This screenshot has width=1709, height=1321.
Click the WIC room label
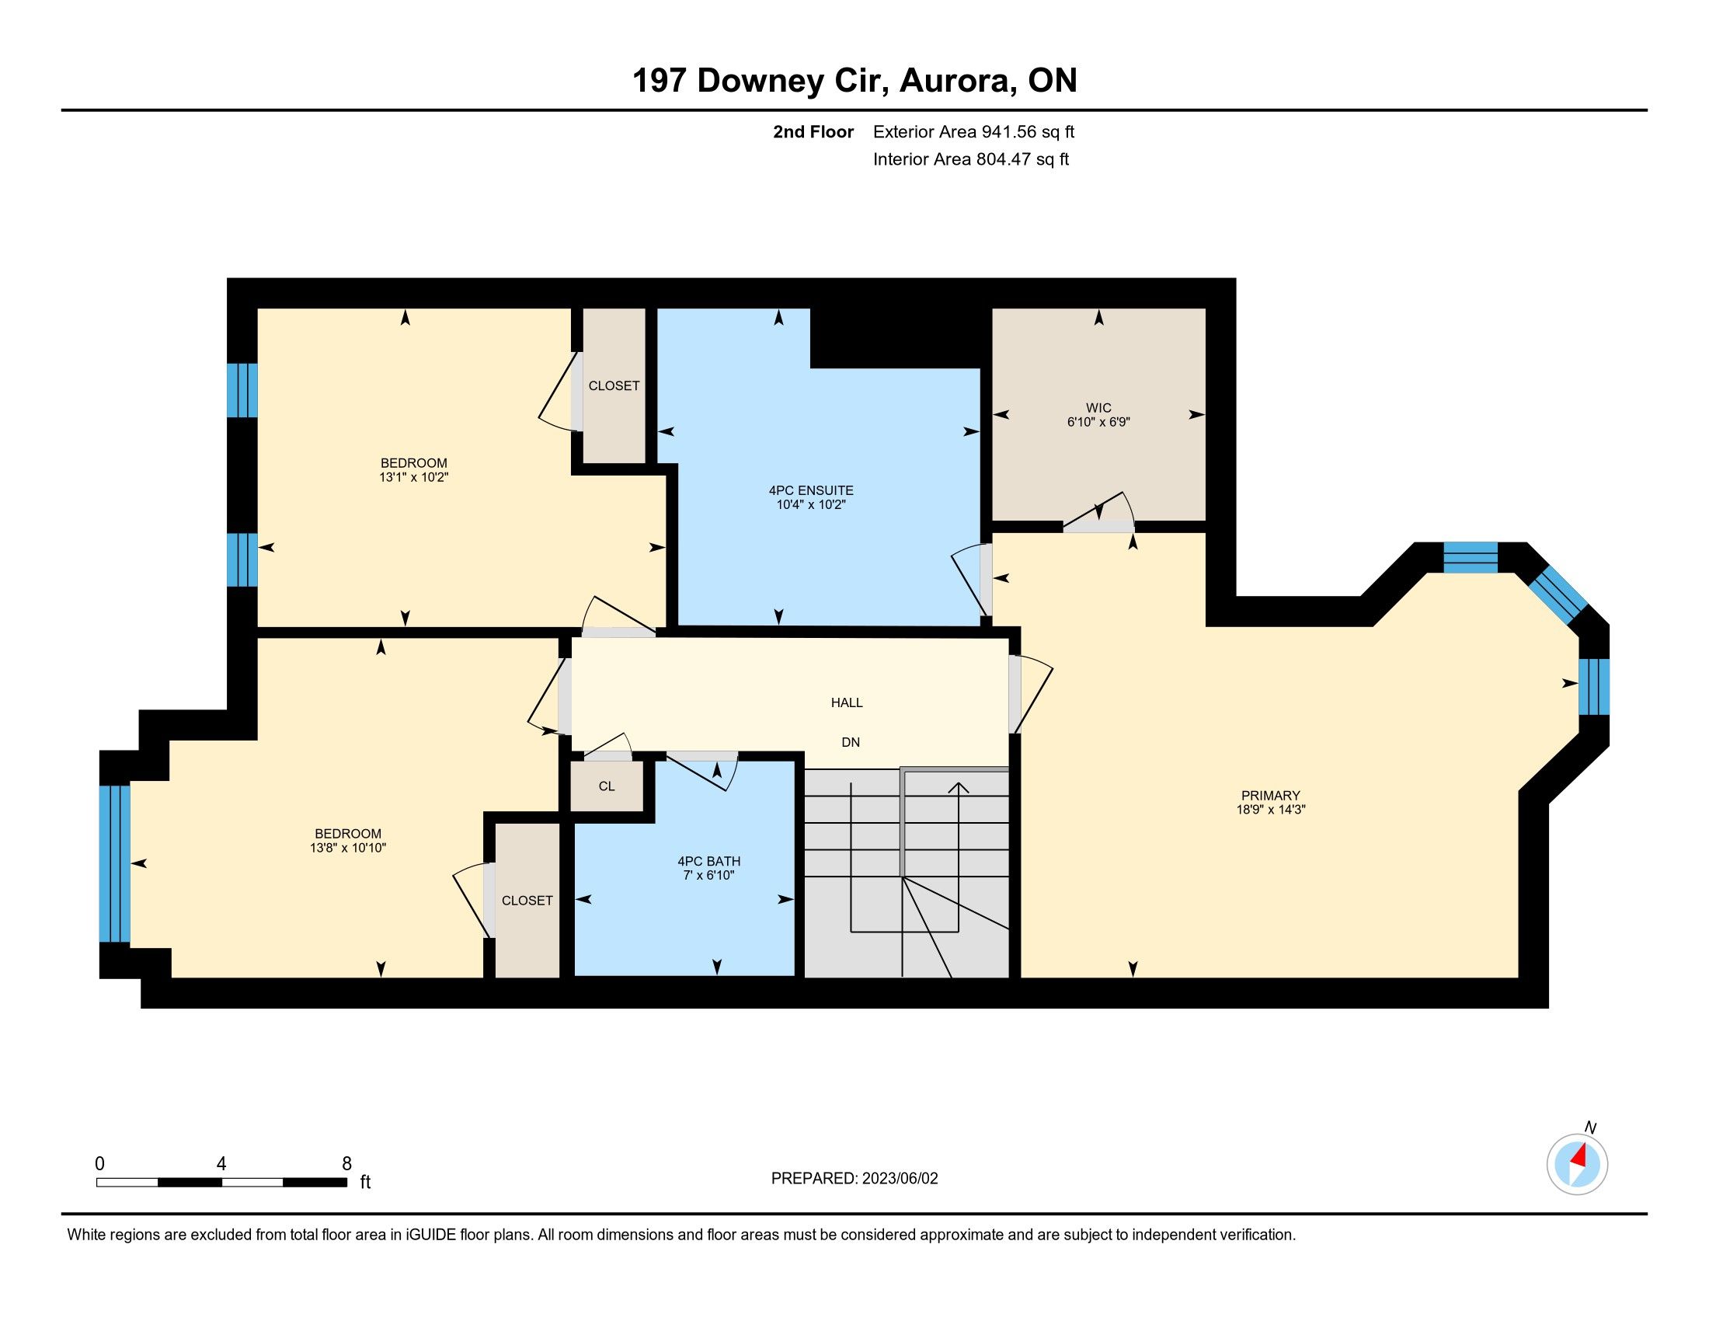pyautogui.click(x=1098, y=408)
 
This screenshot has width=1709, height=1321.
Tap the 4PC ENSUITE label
pyautogui.click(x=811, y=490)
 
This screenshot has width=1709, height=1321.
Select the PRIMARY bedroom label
pyautogui.click(x=1270, y=795)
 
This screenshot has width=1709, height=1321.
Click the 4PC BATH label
pyautogui.click(x=709, y=862)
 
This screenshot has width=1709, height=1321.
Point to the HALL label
pyautogui.click(x=847, y=702)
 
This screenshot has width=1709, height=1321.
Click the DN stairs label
pyautogui.click(x=851, y=742)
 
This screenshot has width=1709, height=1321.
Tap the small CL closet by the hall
pyautogui.click(x=607, y=786)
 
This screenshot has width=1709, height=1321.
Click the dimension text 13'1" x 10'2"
pyautogui.click(x=413, y=476)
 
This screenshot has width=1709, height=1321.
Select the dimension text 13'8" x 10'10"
pyautogui.click(x=348, y=848)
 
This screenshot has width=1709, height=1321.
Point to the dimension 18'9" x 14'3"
pyautogui.click(x=1271, y=810)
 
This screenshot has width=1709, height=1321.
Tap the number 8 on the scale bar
pyautogui.click(x=346, y=1163)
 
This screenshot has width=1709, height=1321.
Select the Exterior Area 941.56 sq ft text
pyautogui.click(x=974, y=131)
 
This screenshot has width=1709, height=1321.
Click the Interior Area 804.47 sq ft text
pyautogui.click(x=971, y=159)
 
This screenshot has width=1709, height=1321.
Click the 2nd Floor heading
pyautogui.click(x=813, y=131)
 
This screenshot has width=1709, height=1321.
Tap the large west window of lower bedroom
pyautogui.click(x=114, y=863)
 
